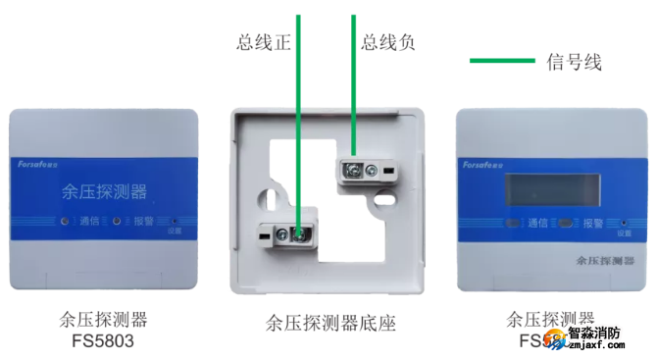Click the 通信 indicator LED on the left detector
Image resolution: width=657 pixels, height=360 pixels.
[65, 221]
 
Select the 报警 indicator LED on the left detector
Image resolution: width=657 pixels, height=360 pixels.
[116, 221]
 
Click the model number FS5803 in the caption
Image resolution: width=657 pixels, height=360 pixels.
[101, 341]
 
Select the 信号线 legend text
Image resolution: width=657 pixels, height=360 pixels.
[574, 61]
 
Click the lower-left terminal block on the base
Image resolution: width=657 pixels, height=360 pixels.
[284, 233]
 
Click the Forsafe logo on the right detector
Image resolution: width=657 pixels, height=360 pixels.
[487, 165]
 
